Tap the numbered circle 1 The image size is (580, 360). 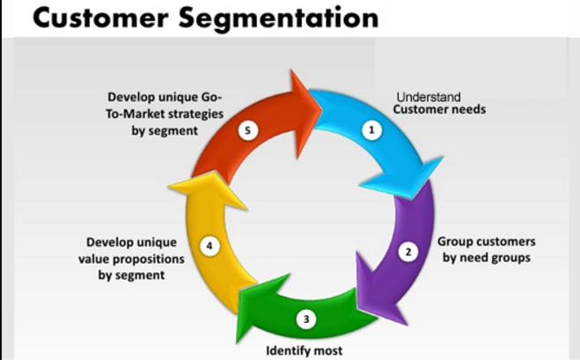[x=371, y=129]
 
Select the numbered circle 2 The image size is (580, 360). [x=407, y=253]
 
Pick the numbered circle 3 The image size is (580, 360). [x=305, y=319]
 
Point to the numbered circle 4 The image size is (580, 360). [x=209, y=246]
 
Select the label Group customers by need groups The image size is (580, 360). [x=486, y=249]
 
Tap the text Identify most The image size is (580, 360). [x=304, y=351]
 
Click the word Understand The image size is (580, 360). [x=429, y=97]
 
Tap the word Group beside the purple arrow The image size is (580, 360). [x=455, y=241]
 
